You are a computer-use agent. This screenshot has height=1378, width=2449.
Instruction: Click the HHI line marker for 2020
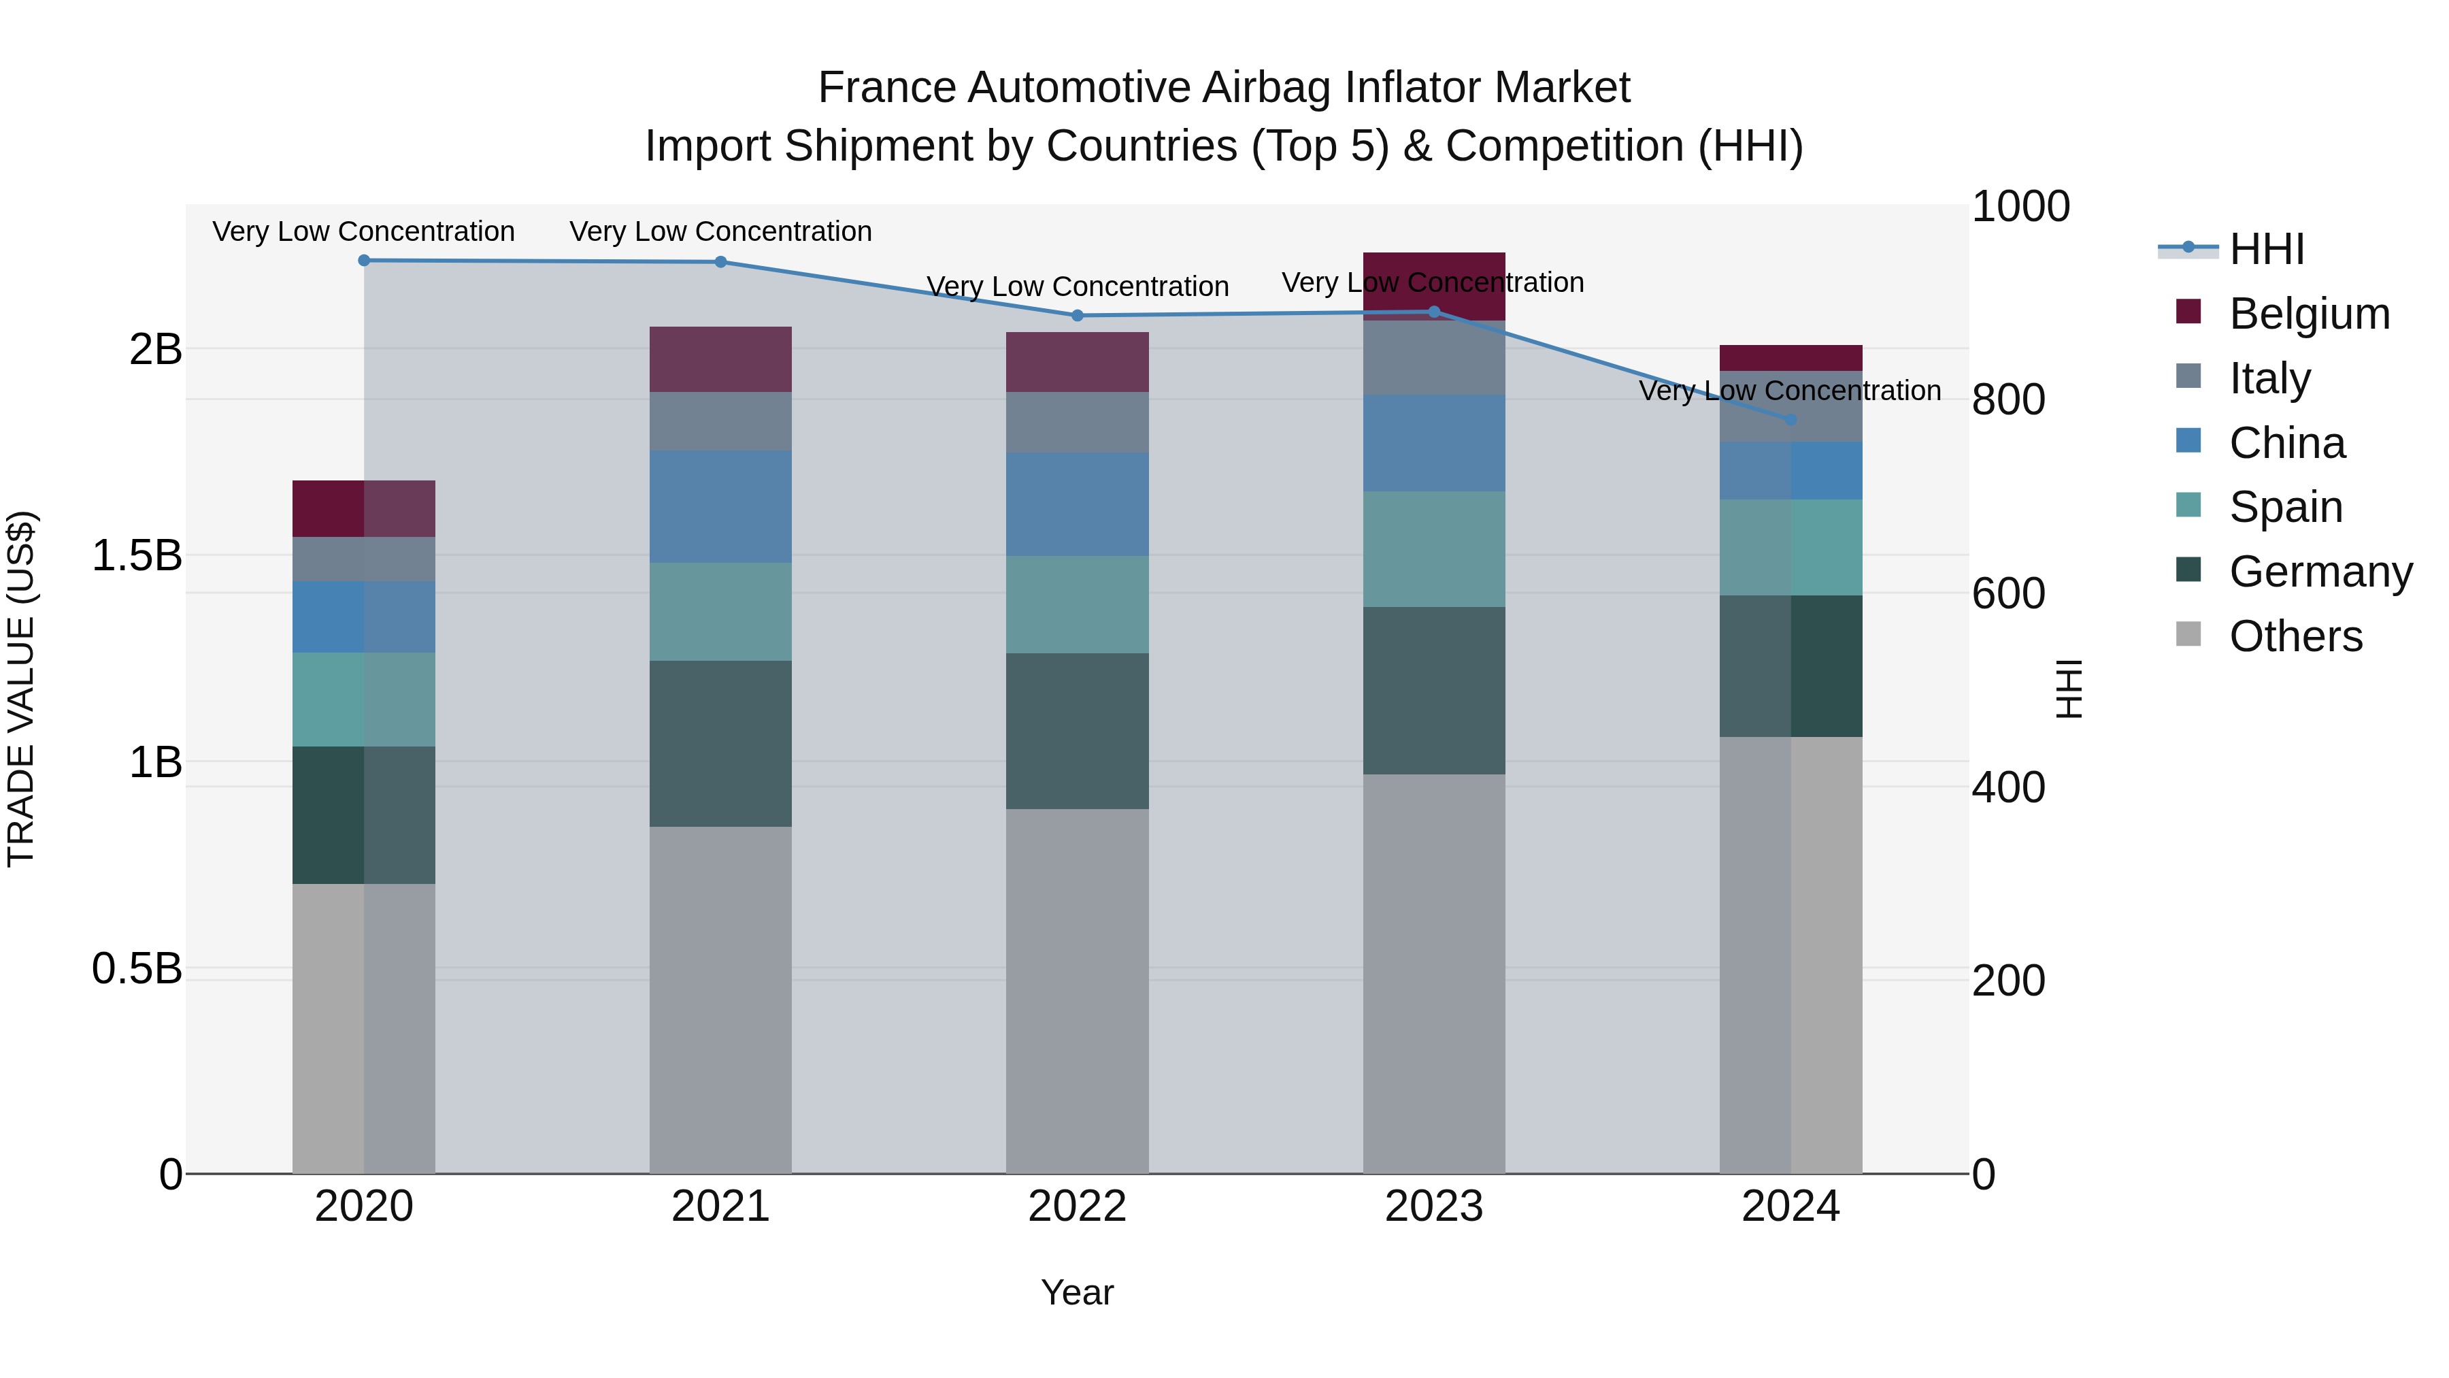pyautogui.click(x=364, y=261)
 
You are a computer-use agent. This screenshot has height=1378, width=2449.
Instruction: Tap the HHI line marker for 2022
pyautogui.click(x=1077, y=316)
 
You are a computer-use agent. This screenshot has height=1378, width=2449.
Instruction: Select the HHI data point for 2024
pyautogui.click(x=1791, y=419)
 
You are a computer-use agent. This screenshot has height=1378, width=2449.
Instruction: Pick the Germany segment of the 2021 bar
pyautogui.click(x=720, y=744)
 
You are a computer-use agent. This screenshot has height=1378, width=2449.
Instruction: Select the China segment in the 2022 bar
pyautogui.click(x=1077, y=504)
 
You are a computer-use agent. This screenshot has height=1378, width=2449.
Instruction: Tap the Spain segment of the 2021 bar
pyautogui.click(x=720, y=612)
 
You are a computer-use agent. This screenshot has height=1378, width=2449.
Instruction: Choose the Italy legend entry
pyautogui.click(x=2269, y=378)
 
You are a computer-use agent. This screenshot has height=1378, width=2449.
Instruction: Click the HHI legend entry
pyautogui.click(x=2267, y=249)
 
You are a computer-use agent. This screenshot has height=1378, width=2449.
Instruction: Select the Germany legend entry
pyautogui.click(x=2320, y=572)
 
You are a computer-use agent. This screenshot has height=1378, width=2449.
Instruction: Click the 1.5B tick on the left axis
pyautogui.click(x=136, y=555)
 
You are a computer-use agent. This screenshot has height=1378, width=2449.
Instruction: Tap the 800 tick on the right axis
pyautogui.click(x=2008, y=400)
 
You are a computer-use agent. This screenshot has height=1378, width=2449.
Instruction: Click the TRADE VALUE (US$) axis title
pyautogui.click(x=21, y=689)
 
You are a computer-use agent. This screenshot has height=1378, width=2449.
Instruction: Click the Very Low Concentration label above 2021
pyautogui.click(x=720, y=232)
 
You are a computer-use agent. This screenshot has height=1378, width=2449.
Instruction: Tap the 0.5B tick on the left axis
pyautogui.click(x=136, y=969)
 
